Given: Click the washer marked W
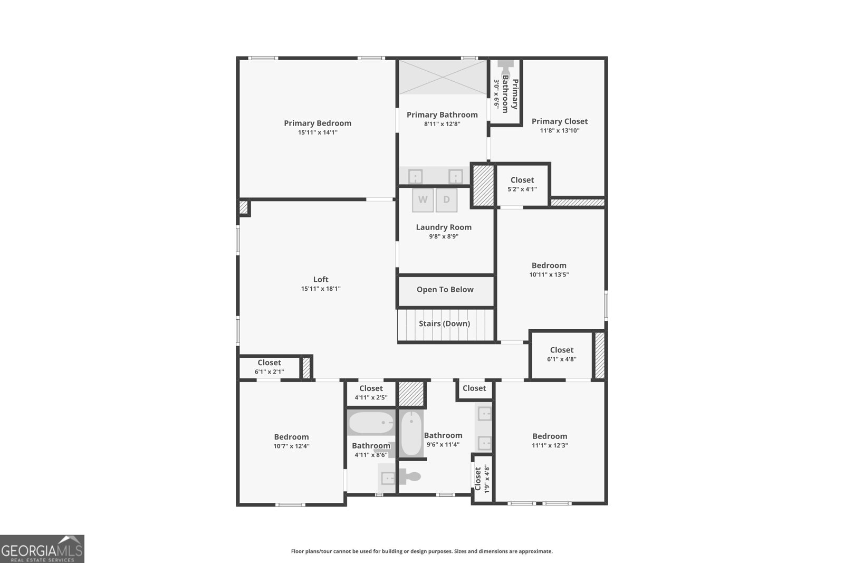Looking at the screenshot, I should pyautogui.click(x=423, y=200).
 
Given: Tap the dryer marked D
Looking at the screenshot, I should pyautogui.click(x=446, y=200).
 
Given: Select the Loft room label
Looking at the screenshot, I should pyautogui.click(x=321, y=280).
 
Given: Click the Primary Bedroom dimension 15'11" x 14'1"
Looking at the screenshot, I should pyautogui.click(x=318, y=132).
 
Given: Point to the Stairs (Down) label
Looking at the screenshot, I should pyautogui.click(x=444, y=323).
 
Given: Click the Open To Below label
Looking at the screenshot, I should pyautogui.click(x=445, y=290).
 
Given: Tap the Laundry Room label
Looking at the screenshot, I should pyautogui.click(x=444, y=227).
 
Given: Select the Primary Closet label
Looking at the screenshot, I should pyautogui.click(x=559, y=121).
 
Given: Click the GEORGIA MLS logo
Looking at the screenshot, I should pyautogui.click(x=42, y=549).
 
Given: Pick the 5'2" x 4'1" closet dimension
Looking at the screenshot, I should pyautogui.click(x=522, y=189).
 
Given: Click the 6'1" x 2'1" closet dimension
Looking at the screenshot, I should pyautogui.click(x=269, y=371).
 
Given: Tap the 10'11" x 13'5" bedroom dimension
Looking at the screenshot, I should pyautogui.click(x=549, y=274).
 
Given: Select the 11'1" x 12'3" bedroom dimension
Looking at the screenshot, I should pyautogui.click(x=550, y=445).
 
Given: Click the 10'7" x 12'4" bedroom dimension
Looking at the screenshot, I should pyautogui.click(x=291, y=446).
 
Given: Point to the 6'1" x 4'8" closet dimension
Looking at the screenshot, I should pyautogui.click(x=561, y=359).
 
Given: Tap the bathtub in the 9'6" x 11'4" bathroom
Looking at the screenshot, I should pyautogui.click(x=411, y=433).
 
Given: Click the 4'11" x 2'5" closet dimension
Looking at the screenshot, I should pyautogui.click(x=371, y=397).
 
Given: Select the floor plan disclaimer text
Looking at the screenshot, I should pyautogui.click(x=421, y=551).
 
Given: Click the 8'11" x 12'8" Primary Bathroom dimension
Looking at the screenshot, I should pyautogui.click(x=442, y=124).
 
